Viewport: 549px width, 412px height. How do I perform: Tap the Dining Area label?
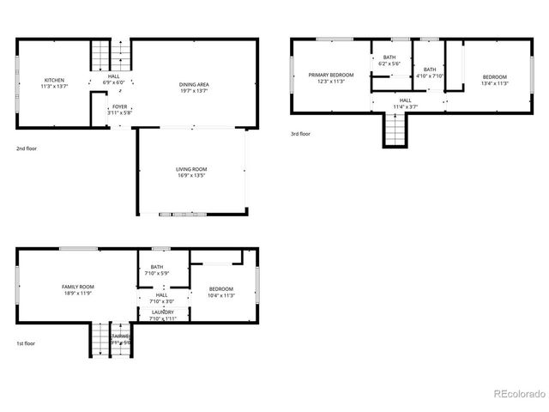coord(195,87)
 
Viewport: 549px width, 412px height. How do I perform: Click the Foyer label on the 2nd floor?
coord(119,110)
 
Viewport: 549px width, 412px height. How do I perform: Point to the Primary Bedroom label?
coord(331,78)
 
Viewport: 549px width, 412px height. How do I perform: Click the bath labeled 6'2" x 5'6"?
coord(390,60)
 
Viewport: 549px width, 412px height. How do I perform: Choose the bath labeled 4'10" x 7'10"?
coord(429,72)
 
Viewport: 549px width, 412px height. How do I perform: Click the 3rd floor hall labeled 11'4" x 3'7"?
coord(406,103)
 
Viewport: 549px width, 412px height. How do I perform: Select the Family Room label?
coord(77,289)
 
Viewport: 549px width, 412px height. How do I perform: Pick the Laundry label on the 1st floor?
coord(162,315)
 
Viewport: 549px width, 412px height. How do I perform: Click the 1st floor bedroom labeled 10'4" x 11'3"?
coord(221,292)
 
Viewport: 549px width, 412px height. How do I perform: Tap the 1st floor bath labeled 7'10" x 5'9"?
coord(157,270)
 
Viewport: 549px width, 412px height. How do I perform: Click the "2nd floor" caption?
coord(26,148)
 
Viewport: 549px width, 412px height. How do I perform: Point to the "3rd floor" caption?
coord(300,134)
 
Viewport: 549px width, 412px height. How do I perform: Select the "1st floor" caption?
coord(26,342)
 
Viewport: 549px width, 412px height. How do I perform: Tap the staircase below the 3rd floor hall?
coord(394,129)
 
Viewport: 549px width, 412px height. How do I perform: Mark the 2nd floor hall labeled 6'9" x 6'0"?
coord(114,80)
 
